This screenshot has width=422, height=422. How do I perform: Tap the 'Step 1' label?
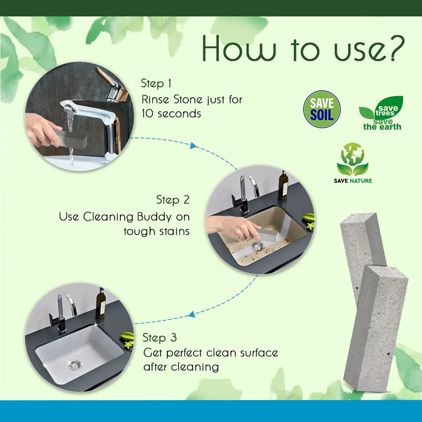156,83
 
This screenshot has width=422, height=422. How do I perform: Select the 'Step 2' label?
173,200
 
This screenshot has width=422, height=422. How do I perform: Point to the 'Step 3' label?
159,338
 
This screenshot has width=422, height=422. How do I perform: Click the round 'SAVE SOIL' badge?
322,109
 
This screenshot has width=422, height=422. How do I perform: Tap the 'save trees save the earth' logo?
382,113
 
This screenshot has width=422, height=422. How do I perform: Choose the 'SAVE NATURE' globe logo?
353,163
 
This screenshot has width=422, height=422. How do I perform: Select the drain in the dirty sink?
257,246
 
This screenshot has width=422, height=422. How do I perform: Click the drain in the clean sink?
75,364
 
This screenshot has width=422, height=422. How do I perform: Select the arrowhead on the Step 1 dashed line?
192,145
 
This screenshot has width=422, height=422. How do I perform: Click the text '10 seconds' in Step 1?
171,114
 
